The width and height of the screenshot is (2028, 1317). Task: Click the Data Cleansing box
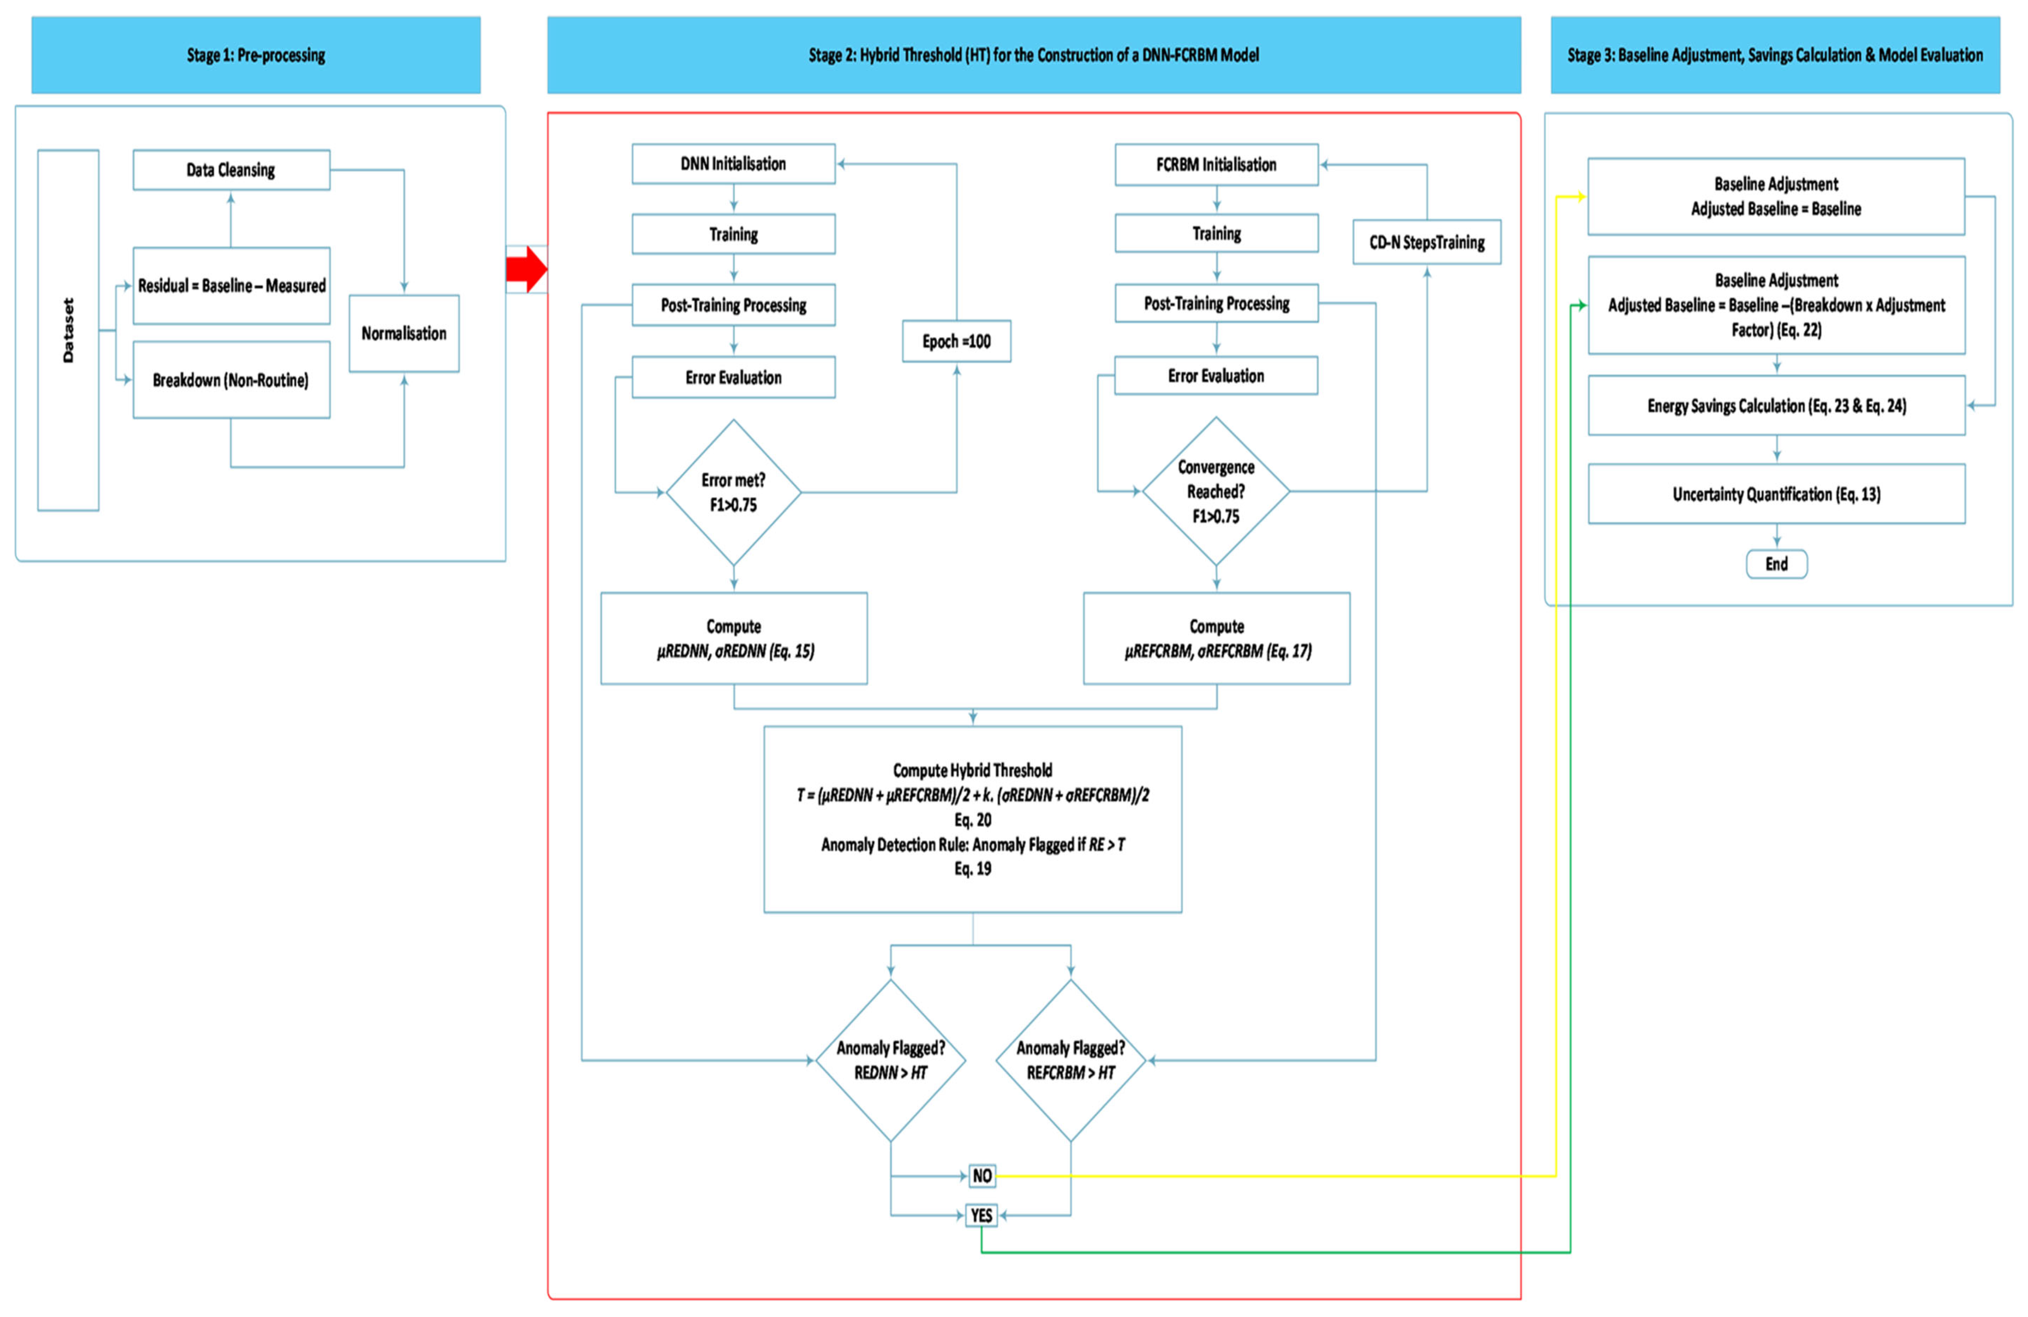[x=231, y=169]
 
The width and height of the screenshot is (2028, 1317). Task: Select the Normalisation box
[x=404, y=333]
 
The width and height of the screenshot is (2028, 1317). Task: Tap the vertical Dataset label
[x=68, y=331]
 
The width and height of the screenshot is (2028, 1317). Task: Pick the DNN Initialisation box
[x=733, y=163]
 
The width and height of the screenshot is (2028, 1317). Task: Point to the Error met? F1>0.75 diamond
[x=733, y=492]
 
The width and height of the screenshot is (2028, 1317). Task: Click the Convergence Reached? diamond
[x=1216, y=491]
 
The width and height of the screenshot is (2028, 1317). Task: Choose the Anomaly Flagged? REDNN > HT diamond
[x=890, y=1061]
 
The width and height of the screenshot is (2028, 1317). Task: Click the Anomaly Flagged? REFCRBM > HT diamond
[x=1070, y=1061]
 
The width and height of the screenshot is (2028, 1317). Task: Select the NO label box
[x=982, y=1176]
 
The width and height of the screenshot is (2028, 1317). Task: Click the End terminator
[x=1777, y=564]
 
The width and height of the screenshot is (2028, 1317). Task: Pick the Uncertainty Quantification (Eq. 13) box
[x=1777, y=494]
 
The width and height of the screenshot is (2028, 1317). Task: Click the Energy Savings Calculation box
[x=1777, y=406]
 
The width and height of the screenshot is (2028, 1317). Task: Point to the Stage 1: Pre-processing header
[x=256, y=54]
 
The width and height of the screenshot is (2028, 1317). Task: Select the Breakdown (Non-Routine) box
[x=231, y=380]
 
